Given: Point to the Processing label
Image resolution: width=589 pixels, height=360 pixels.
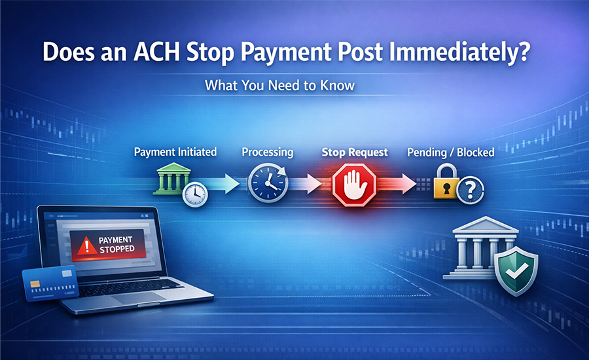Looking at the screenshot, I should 268,152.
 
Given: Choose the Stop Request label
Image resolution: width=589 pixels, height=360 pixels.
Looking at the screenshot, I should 355,152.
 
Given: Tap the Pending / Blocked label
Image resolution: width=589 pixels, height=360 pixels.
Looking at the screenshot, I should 451,152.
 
